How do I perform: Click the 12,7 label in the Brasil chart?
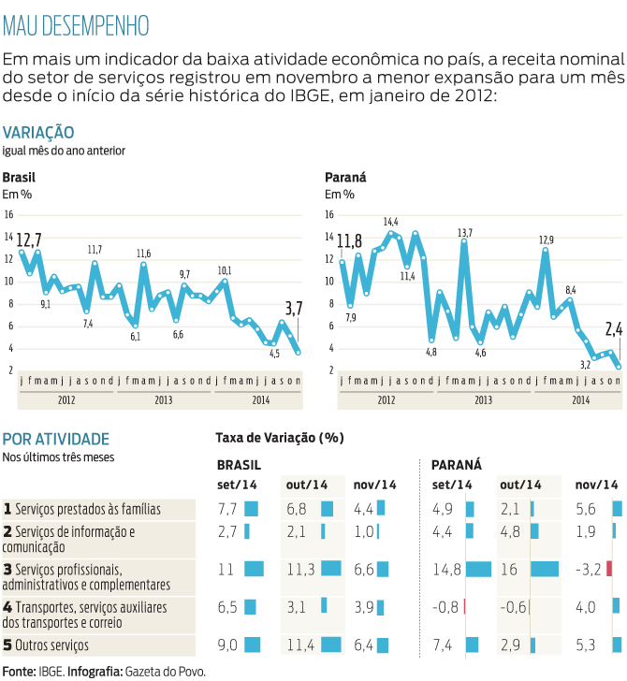(29, 239)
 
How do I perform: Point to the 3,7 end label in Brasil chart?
(294, 308)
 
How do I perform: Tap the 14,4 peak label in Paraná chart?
(390, 222)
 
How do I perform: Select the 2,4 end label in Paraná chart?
(614, 328)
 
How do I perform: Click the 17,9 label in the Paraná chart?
(547, 240)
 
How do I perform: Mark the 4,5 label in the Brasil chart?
(274, 354)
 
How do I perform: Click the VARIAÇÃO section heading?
(38, 133)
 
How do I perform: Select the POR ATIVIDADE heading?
(56, 439)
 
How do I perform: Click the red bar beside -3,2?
(609, 569)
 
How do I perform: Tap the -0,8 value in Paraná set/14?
(445, 606)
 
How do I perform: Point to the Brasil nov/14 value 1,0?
(364, 531)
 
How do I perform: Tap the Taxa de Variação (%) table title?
(280, 438)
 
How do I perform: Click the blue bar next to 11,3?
(330, 569)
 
